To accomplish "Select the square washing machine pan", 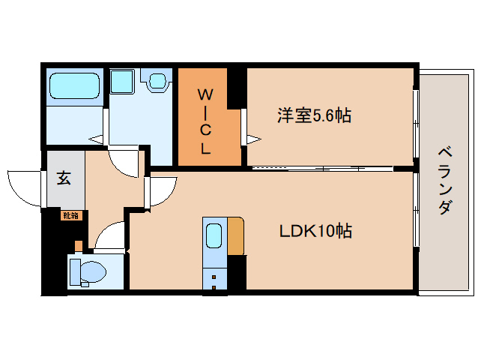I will point(121,81).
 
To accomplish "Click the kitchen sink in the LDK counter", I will point(214,235).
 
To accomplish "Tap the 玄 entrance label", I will point(64,178).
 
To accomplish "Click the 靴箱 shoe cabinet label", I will point(70,215).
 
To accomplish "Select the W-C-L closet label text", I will point(205,120).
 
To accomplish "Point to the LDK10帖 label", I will point(315,231).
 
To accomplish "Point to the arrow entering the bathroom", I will point(96,138).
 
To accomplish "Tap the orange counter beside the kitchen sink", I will point(236,235).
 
